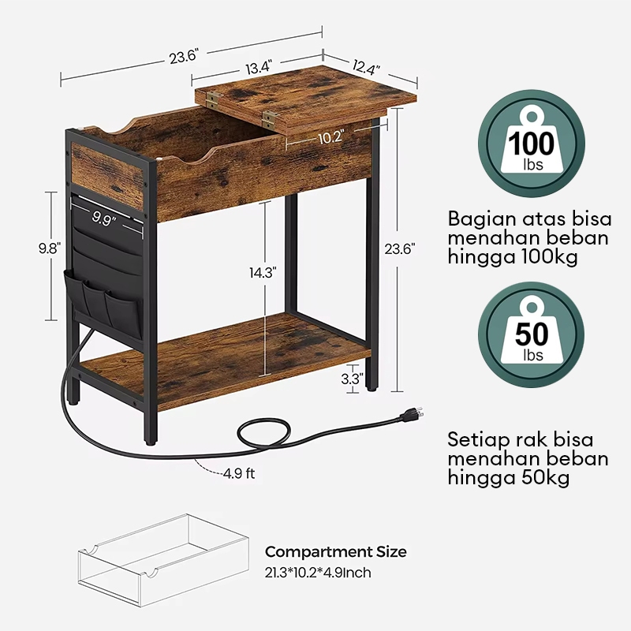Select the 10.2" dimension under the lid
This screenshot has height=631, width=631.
[330, 137]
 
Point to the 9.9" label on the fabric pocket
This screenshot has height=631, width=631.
[105, 218]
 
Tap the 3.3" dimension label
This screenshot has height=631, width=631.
[350, 379]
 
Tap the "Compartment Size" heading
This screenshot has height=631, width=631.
[335, 551]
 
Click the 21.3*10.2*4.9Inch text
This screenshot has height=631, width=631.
[318, 573]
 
